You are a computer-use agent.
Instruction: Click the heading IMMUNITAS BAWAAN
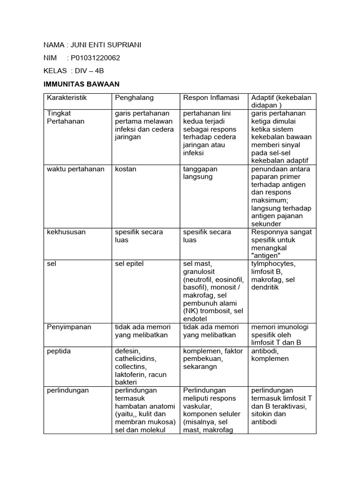82,84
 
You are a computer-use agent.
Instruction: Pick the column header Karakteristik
67,97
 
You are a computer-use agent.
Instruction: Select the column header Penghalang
134,97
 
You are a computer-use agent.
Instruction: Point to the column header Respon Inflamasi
211,97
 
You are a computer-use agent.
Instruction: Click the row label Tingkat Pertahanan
66,117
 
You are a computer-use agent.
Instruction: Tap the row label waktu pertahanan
75,169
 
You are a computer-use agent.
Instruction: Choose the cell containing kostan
126,169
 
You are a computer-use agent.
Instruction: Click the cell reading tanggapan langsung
200,172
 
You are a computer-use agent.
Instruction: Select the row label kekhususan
66,232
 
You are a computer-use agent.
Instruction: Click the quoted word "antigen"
266,255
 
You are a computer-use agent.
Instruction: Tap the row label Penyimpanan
68,327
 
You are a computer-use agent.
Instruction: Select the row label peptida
59,351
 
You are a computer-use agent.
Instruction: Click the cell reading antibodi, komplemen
270,354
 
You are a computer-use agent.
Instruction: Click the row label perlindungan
68,390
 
